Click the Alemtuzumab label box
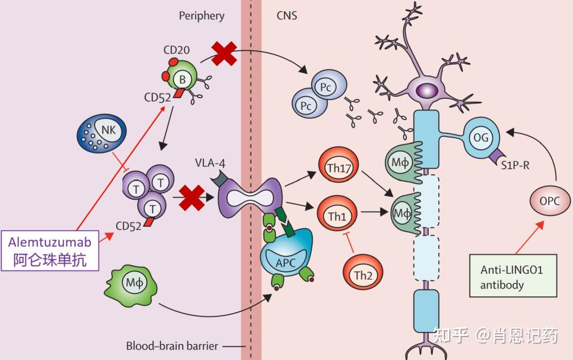tap(50, 250)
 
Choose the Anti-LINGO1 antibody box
tap(511, 277)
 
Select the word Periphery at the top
tap(201, 16)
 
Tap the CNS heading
tap(286, 16)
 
